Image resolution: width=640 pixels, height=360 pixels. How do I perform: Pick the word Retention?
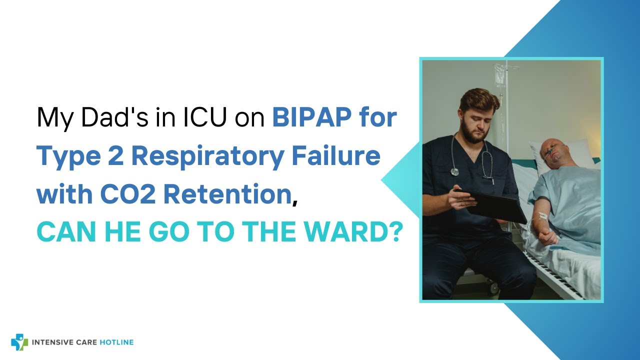coord(228,194)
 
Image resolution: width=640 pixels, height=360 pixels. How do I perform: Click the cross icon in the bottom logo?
coord(19,342)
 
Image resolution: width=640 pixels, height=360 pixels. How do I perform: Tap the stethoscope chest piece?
coord(454,171)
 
